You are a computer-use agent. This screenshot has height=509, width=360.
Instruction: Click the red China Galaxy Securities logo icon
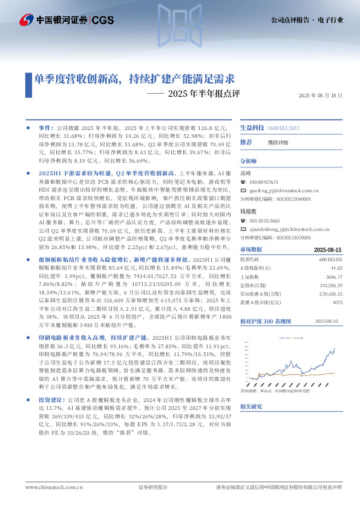[25, 19]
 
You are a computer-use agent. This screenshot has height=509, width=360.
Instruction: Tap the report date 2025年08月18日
[321, 96]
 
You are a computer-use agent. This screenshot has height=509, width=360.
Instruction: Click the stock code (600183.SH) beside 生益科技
[283, 128]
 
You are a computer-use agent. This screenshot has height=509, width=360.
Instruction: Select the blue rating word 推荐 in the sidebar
[246, 142]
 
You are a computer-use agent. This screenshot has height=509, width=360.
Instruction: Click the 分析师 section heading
[249, 161]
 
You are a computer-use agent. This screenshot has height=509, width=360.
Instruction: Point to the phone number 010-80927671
[264, 181]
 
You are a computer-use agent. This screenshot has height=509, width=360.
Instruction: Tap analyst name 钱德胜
[249, 212]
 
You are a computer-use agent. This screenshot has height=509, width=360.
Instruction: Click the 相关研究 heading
[251, 407]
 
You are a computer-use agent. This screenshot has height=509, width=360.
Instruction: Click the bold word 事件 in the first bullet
[46, 129]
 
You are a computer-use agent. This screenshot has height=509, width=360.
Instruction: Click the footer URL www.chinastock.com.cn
[50, 487]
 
